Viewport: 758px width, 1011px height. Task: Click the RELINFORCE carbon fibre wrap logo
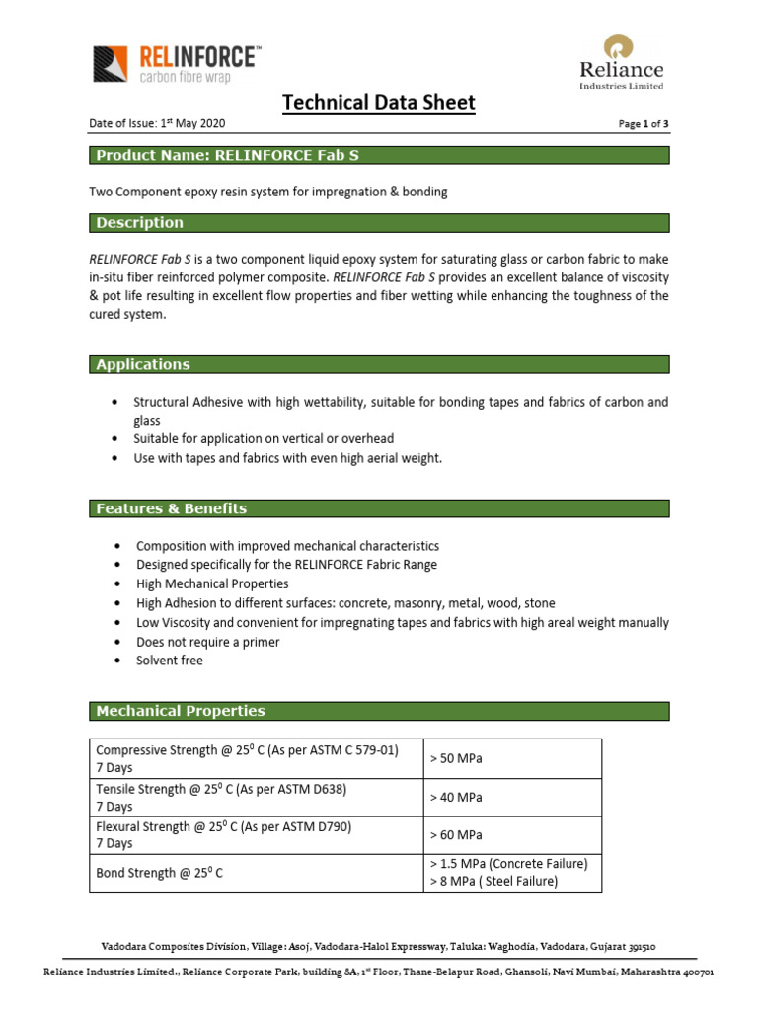[177, 63]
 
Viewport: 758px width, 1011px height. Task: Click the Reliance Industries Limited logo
[621, 61]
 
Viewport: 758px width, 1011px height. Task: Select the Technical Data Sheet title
[379, 102]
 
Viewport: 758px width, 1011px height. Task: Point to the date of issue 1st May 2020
[158, 123]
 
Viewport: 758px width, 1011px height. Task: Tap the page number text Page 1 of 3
[643, 124]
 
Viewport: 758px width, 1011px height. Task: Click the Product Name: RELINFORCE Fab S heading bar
[379, 155]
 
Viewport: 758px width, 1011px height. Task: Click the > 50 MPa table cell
[456, 758]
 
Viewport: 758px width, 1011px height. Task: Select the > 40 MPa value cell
[456, 797]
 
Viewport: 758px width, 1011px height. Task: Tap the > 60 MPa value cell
[456, 835]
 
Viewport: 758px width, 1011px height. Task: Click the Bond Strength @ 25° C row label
[160, 873]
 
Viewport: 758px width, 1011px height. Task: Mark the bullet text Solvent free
[170, 661]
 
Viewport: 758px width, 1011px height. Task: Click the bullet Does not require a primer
[207, 642]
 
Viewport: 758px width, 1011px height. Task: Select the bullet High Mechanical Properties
[212, 583]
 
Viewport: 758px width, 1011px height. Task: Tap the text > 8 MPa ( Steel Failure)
[493, 882]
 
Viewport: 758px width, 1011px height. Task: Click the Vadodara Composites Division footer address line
[379, 945]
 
